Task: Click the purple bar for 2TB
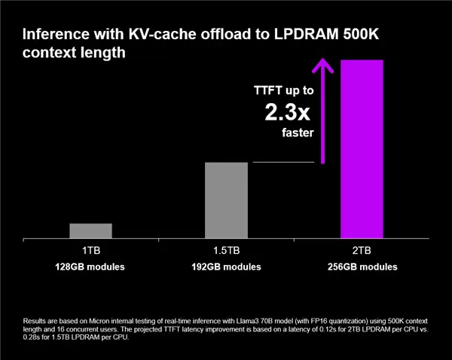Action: click(362, 148)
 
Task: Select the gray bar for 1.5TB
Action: click(226, 200)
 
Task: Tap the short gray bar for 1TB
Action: click(90, 230)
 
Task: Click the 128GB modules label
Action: click(90, 267)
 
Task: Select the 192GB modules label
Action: click(226, 267)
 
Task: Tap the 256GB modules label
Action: click(362, 267)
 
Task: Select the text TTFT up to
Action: click(283, 90)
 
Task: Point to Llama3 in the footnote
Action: click(263, 321)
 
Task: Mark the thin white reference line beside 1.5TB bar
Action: click(282, 162)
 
